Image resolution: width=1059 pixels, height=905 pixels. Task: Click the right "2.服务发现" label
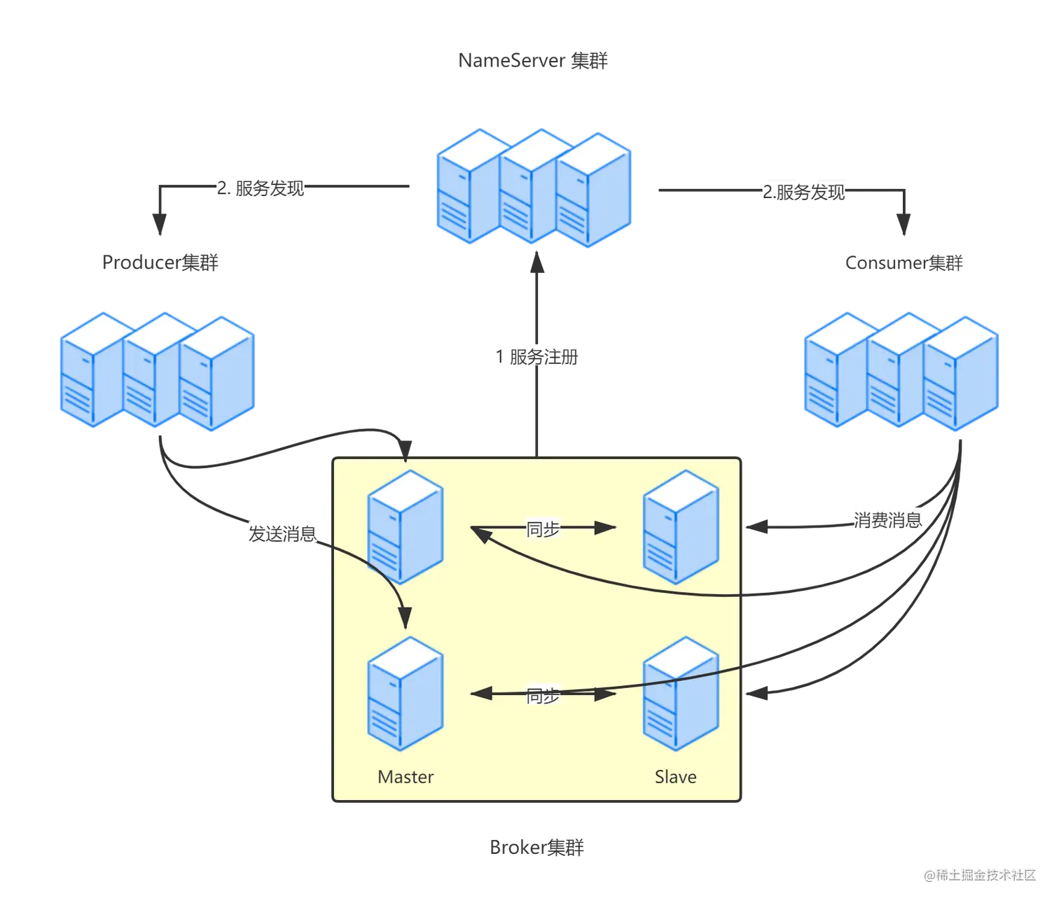tap(804, 192)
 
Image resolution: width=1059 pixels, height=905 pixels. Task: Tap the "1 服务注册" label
tap(537, 357)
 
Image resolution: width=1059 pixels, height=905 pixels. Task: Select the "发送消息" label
tap(282, 534)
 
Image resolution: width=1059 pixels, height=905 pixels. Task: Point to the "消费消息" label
tap(887, 520)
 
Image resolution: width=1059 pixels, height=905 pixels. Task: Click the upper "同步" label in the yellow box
tap(543, 529)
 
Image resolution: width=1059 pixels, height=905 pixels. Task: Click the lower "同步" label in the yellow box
tap(543, 696)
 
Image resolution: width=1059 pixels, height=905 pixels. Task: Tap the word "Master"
tap(406, 777)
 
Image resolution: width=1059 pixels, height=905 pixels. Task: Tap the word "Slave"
tap(675, 777)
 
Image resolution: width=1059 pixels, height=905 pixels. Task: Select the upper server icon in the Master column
tap(406, 526)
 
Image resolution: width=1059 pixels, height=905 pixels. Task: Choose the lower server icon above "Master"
tap(406, 693)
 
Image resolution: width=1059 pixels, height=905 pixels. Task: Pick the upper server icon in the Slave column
tap(681, 526)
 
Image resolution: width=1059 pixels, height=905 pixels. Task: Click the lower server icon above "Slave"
tap(681, 693)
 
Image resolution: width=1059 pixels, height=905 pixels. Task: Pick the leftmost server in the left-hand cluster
tap(90, 369)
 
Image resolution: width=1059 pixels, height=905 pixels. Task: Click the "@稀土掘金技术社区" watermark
tap(978, 874)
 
